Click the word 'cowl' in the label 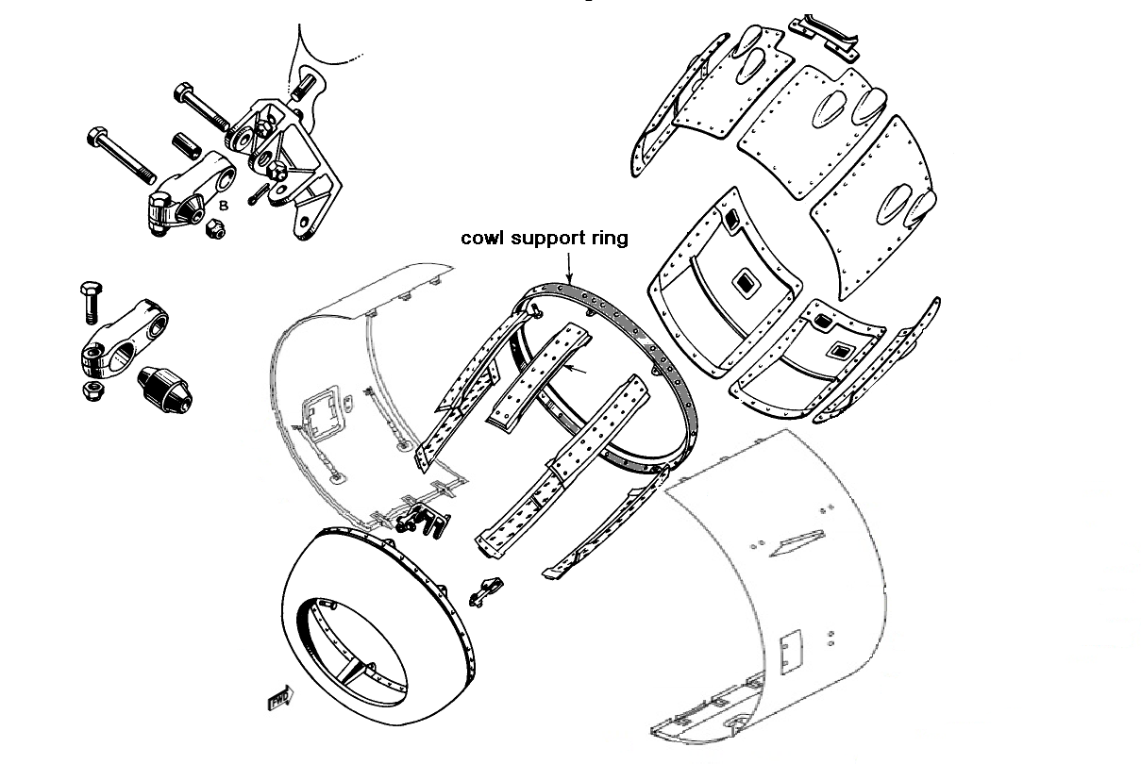click(482, 239)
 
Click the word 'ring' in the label click(609, 237)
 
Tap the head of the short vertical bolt click(91, 290)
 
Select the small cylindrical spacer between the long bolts click(186, 148)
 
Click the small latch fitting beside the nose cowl click(485, 589)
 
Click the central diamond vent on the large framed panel click(744, 281)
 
